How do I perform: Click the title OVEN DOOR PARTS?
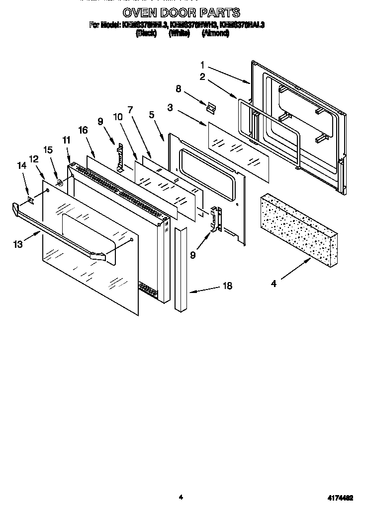point(181,12)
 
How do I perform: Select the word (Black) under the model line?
point(146,33)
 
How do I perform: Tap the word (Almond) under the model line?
point(215,33)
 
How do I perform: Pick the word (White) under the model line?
point(179,33)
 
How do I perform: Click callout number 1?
point(203,65)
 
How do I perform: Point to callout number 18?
point(227,287)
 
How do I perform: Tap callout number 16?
point(83,130)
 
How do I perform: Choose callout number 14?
point(21,166)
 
